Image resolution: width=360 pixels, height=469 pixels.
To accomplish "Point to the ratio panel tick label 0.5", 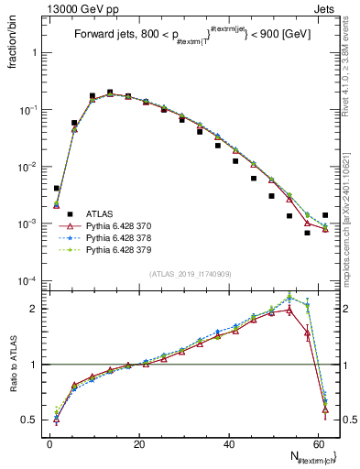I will pyautogui.click(x=29, y=420).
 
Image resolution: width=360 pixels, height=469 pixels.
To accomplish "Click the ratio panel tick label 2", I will pyautogui.click(x=34, y=309).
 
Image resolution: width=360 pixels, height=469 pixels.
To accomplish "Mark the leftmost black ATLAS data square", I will pyautogui.click(x=57, y=188).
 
